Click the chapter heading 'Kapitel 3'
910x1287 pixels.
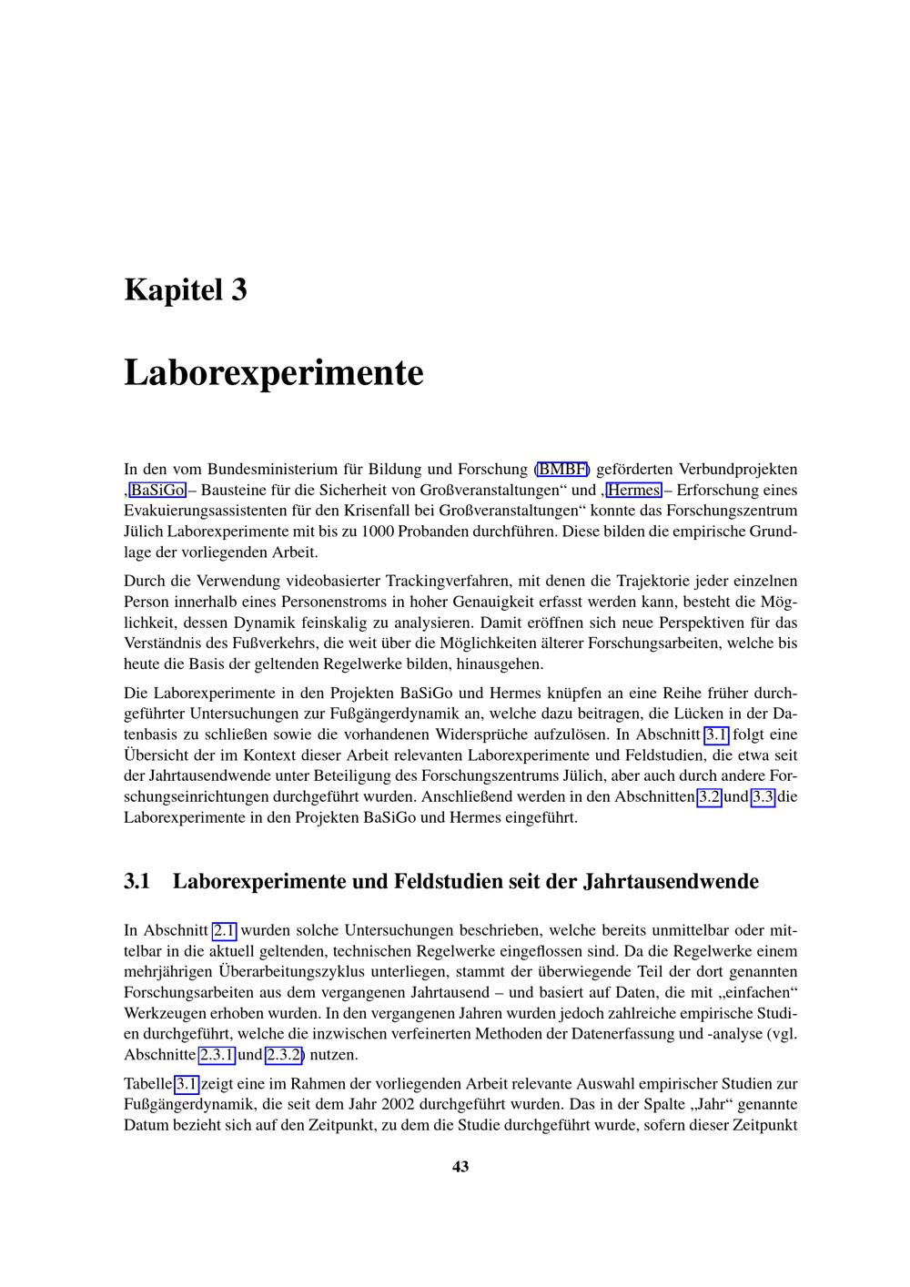185,290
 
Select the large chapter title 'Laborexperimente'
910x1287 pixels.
273,373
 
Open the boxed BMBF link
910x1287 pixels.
562,470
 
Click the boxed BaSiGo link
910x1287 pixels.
157,491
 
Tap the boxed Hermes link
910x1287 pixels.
633,491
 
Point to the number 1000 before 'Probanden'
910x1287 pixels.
378,532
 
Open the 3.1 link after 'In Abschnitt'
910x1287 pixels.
716,735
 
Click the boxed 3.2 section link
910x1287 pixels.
709,797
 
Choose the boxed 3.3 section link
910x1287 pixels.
763,797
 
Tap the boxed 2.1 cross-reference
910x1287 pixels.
224,930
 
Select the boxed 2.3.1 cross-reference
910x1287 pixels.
217,1055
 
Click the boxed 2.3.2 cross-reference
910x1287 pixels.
284,1055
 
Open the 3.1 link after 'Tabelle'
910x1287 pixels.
187,1084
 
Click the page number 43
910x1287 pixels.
460,1167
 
